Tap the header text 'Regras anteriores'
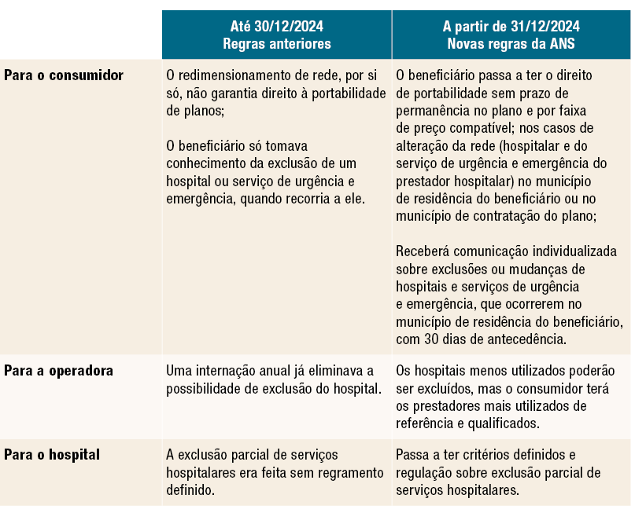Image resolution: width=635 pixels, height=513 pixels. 276,44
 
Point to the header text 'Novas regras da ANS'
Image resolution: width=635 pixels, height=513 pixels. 511,44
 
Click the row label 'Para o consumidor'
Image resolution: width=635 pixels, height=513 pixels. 64,76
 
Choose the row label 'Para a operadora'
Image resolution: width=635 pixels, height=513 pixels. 59,371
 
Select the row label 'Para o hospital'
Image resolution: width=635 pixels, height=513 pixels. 52,455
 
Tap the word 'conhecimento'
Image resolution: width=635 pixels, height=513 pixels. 203,164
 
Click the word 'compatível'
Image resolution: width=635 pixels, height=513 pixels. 493,128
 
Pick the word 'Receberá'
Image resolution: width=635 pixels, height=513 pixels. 423,251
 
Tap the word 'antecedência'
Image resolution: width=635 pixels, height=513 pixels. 528,339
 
